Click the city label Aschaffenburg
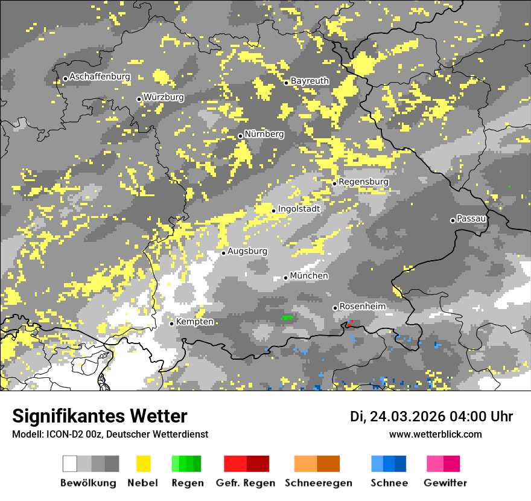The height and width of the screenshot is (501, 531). click(100, 77)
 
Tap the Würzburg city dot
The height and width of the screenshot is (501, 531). click(139, 99)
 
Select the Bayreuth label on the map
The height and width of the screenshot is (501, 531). click(310, 81)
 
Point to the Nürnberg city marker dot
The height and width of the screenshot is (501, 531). click(240, 136)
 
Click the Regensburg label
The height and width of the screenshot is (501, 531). click(364, 182)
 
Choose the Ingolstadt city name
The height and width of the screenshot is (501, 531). click(299, 209)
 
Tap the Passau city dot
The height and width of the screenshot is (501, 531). click(453, 220)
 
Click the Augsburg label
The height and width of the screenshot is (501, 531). click(247, 251)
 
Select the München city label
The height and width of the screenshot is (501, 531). click(309, 276)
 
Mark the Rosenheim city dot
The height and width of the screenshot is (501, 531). click(335, 308)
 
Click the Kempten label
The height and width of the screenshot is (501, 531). click(194, 322)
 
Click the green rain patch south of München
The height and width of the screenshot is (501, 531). click(288, 317)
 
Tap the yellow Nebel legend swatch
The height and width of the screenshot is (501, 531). click(144, 464)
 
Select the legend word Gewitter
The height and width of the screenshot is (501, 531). click(445, 483)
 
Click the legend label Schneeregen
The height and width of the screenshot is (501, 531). click(319, 483)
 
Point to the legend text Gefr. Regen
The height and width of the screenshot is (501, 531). click(246, 483)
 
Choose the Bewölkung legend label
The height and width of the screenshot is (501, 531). click(88, 483)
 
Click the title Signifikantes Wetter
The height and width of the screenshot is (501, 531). click(100, 416)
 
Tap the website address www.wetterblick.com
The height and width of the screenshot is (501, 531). click(436, 434)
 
